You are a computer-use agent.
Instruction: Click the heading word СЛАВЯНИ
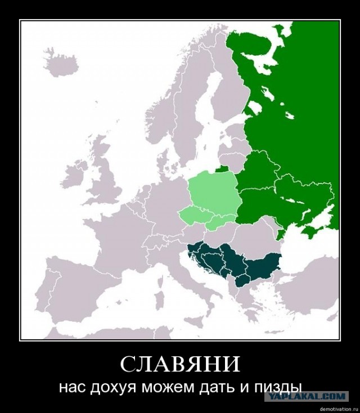click(x=180, y=364)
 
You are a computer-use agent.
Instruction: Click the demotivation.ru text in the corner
click(x=337, y=408)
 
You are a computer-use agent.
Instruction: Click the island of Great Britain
click(x=107, y=174)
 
